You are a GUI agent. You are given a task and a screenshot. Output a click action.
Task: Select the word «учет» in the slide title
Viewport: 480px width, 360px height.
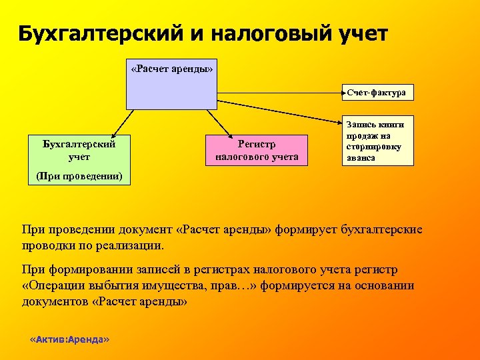tap(361, 33)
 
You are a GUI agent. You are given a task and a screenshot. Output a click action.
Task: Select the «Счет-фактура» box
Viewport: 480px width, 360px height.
tap(377, 93)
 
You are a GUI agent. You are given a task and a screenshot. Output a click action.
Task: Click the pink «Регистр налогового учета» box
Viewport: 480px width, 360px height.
tap(257, 150)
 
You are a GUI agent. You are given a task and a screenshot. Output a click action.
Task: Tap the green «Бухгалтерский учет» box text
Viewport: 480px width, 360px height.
tap(79, 150)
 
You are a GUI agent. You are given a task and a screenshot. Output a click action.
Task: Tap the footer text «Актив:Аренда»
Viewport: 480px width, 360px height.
tap(70, 339)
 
